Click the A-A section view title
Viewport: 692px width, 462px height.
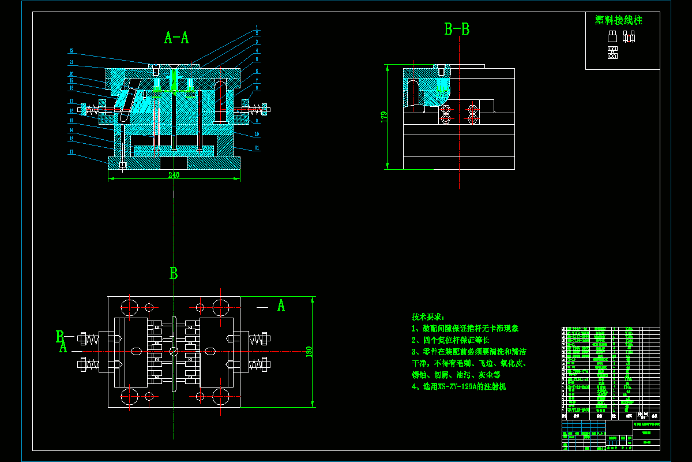coord(176,38)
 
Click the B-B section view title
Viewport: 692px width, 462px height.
coord(457,29)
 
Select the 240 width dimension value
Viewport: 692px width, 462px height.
coord(174,175)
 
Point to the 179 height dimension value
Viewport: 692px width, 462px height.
coord(384,117)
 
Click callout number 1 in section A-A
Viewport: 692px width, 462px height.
coord(257,27)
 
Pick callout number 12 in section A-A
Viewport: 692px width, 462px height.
coord(71,152)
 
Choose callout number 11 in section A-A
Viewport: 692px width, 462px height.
coord(257,148)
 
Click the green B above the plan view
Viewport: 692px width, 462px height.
coord(174,274)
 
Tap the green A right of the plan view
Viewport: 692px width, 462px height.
coord(281,305)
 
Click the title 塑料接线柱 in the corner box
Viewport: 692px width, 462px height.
coord(619,20)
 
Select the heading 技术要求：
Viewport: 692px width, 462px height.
coord(428,316)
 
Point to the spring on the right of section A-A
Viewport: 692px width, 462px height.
coord(255,109)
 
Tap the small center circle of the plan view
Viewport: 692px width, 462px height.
coord(174,351)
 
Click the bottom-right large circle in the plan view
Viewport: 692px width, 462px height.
coord(221,397)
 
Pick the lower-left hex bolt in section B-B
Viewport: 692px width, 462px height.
coord(445,119)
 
